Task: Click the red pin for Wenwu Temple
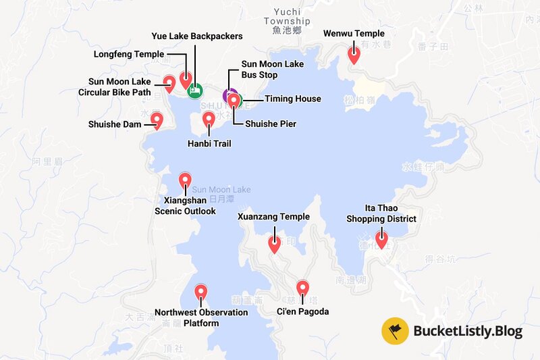pos(353,54)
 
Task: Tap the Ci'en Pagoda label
pos(302,311)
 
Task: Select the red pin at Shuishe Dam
pos(157,120)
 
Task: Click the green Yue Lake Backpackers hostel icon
pos(194,90)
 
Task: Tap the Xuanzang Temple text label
pos(273,217)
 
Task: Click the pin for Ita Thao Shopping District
pos(381,238)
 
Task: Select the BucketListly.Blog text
pos(468,332)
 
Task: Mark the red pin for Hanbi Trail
pos(209,120)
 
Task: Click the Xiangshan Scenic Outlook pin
pos(184,180)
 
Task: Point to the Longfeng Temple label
pos(130,53)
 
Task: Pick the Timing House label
pos(292,99)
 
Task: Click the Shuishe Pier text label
pos(271,124)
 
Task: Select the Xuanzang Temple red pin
pos(274,244)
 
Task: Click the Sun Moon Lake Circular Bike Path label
pos(119,86)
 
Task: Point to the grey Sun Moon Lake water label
pos(221,190)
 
